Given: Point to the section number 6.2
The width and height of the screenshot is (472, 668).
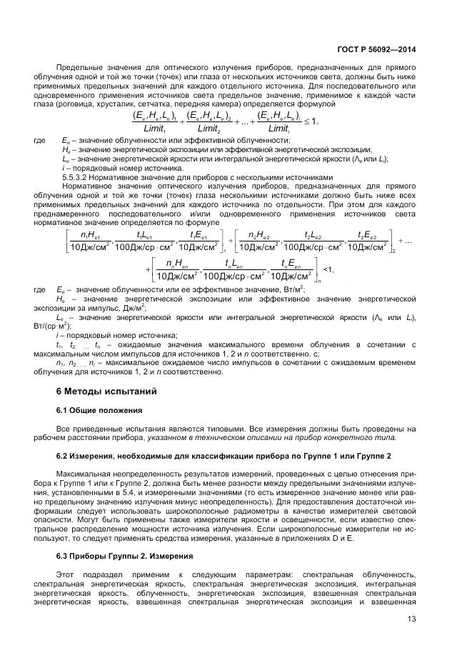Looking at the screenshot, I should (x=64, y=456).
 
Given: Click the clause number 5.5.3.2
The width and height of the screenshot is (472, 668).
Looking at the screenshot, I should (x=77, y=178).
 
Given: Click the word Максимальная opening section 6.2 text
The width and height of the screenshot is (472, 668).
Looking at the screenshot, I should (x=88, y=474).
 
